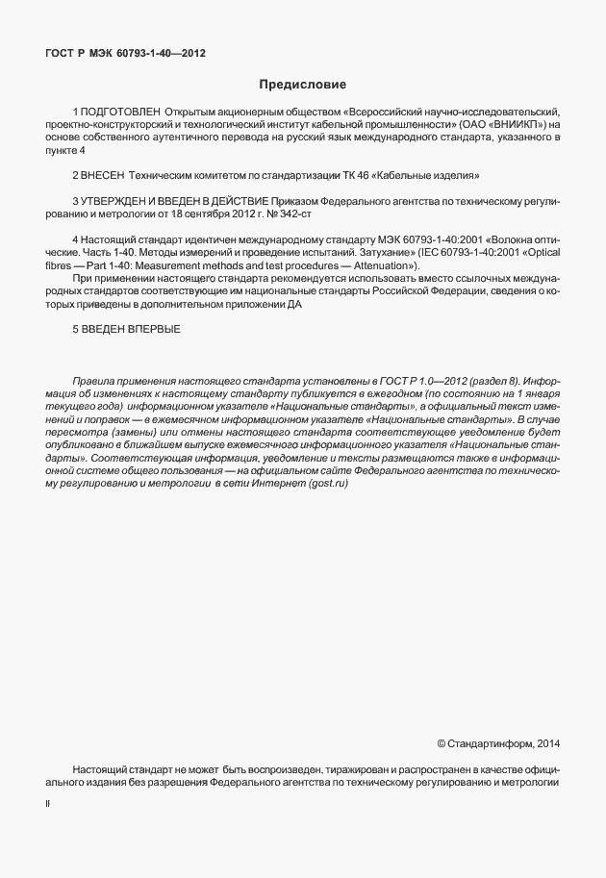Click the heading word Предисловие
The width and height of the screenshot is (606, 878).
tap(303, 84)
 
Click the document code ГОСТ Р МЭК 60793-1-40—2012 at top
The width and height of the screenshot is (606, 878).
tap(126, 54)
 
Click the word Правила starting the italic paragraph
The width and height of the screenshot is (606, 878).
tap(94, 383)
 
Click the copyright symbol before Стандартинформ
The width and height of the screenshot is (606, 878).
tap(441, 743)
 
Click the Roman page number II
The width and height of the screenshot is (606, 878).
tap(48, 810)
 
